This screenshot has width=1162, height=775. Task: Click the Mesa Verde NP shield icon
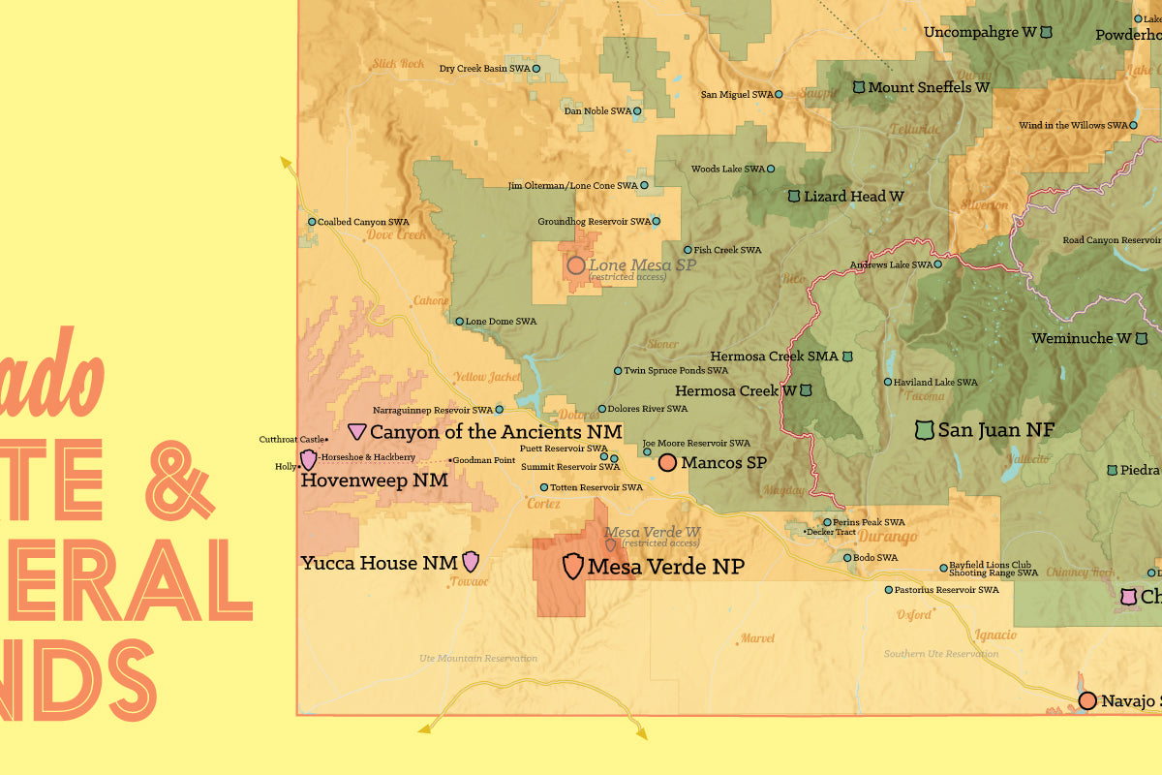[x=573, y=566]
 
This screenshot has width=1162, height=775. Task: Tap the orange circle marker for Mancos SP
[x=667, y=463]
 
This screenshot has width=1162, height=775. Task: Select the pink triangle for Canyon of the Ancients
[x=357, y=431]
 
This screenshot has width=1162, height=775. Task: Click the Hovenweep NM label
[x=374, y=480]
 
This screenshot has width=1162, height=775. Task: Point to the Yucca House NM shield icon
[x=471, y=561]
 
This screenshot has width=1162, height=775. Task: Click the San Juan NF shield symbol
[x=925, y=429]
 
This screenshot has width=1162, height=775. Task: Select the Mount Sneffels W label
[x=929, y=87]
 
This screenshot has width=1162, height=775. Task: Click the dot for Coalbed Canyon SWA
[x=312, y=222]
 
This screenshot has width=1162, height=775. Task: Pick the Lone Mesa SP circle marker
[x=575, y=264]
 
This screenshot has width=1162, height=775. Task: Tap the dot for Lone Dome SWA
[x=459, y=322]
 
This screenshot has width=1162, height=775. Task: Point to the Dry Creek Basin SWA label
[x=484, y=69]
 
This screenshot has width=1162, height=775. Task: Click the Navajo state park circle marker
[x=1087, y=700]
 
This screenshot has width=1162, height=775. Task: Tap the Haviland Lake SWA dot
[x=887, y=382]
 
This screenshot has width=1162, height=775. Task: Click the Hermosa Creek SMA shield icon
[x=847, y=356]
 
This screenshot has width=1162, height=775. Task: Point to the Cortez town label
[x=543, y=504]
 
